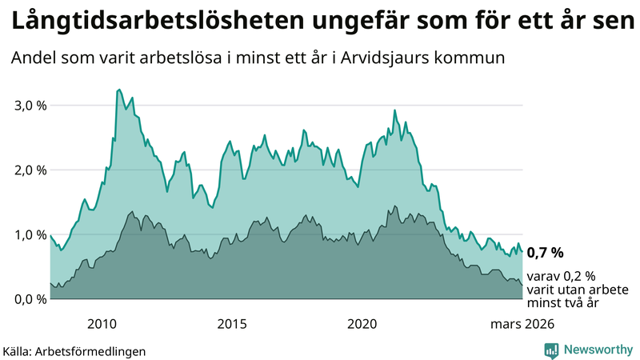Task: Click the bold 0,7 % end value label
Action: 545,253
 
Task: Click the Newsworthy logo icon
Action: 552,350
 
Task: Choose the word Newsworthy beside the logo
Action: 597,350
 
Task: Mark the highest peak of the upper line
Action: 119,90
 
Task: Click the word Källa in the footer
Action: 18,350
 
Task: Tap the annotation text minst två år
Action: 563,302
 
